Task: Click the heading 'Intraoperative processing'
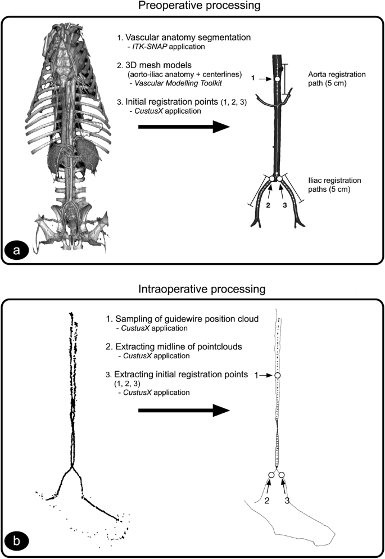[193, 290]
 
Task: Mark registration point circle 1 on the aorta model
[277, 80]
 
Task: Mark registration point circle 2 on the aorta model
[272, 179]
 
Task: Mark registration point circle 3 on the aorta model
[281, 179]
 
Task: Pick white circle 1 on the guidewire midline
[277, 375]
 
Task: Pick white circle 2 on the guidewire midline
[271, 475]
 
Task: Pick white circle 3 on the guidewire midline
[282, 475]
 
